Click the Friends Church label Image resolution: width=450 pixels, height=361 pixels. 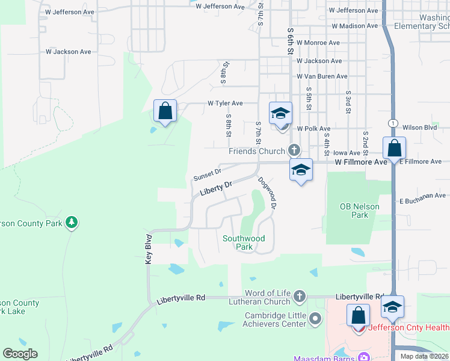tap(257, 151)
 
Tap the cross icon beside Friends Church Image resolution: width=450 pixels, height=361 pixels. tap(294, 150)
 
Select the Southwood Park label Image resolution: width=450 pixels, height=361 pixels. tap(244, 242)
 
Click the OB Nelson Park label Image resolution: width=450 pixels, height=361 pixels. tap(359, 211)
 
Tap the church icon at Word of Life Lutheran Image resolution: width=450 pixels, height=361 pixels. tap(300, 296)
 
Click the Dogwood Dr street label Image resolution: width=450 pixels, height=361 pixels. tap(267, 192)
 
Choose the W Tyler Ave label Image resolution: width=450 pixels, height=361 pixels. tap(225, 103)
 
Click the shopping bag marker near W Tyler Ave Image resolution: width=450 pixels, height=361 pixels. tap(165, 111)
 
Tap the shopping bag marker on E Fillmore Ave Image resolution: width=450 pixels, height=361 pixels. tap(394, 148)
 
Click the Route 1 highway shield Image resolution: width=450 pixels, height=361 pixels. tap(392, 123)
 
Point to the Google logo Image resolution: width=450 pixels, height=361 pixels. tap(20, 353)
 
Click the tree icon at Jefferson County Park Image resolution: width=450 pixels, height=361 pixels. tap(72, 223)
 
